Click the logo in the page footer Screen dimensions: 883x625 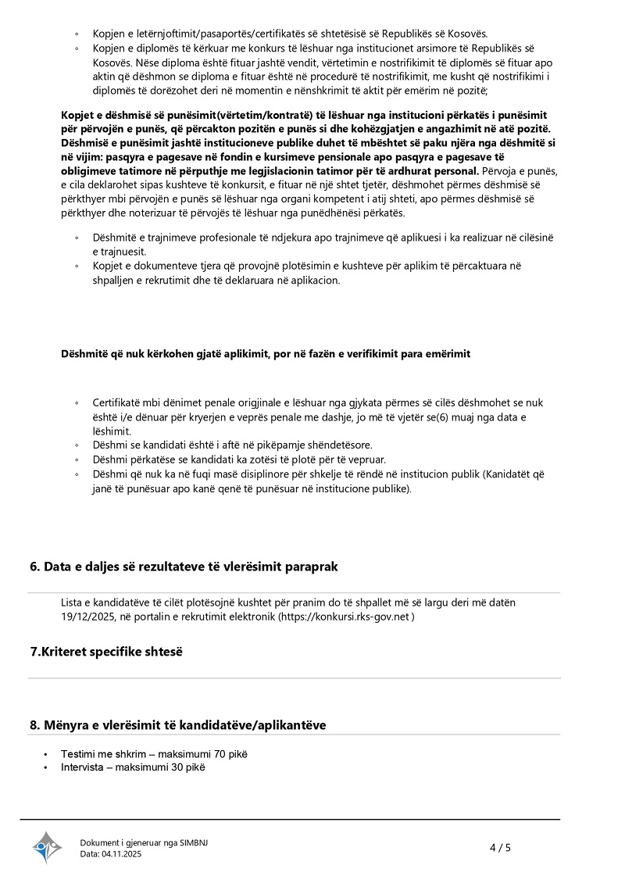tap(47, 847)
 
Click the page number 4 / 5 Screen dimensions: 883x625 tap(500, 847)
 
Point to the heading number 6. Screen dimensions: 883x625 tap(34, 567)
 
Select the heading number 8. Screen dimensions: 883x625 tap(34, 725)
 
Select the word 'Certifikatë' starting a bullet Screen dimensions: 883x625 tap(117, 402)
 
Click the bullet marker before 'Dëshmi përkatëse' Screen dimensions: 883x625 tap(77, 459)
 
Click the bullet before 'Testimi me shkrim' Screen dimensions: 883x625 tap(46, 754)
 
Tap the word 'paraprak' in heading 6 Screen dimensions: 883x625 tap(313, 567)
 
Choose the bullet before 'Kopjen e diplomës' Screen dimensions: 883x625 tap(77, 48)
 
